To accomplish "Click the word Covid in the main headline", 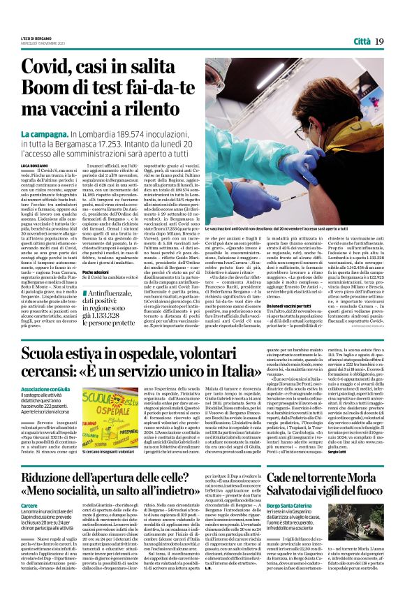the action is click(x=52, y=68).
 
